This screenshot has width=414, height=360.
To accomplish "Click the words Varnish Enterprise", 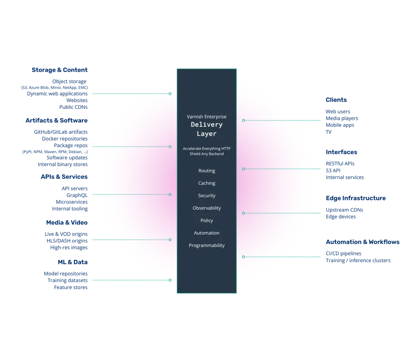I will [x=207, y=117].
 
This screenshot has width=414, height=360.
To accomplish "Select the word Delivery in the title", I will [x=207, y=124].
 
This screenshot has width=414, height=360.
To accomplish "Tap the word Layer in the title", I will [x=207, y=133].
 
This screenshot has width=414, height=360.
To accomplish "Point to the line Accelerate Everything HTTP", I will [x=207, y=148].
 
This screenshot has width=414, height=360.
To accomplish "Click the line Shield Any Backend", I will [x=207, y=154].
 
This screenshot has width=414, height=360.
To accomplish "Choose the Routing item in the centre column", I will [x=207, y=171].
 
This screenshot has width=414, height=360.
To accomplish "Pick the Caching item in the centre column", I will [x=207, y=183].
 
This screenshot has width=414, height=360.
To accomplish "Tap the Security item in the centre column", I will [x=207, y=195].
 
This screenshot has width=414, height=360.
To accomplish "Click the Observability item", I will [x=207, y=208].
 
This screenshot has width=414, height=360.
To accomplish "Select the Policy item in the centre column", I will [x=207, y=221].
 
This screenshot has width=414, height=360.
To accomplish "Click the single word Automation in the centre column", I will [x=207, y=233].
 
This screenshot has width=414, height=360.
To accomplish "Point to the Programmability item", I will [x=207, y=246].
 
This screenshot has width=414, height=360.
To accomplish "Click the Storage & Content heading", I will [x=60, y=70].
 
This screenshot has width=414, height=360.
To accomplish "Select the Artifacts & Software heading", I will [x=57, y=120].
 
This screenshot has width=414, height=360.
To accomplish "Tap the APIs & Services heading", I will [x=64, y=177].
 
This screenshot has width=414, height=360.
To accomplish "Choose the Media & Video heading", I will [x=67, y=222].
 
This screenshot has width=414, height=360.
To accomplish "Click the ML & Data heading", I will [x=73, y=262].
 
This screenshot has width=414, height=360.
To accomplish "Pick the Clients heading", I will [x=336, y=101].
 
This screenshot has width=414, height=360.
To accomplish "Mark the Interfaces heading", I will [x=341, y=152].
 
